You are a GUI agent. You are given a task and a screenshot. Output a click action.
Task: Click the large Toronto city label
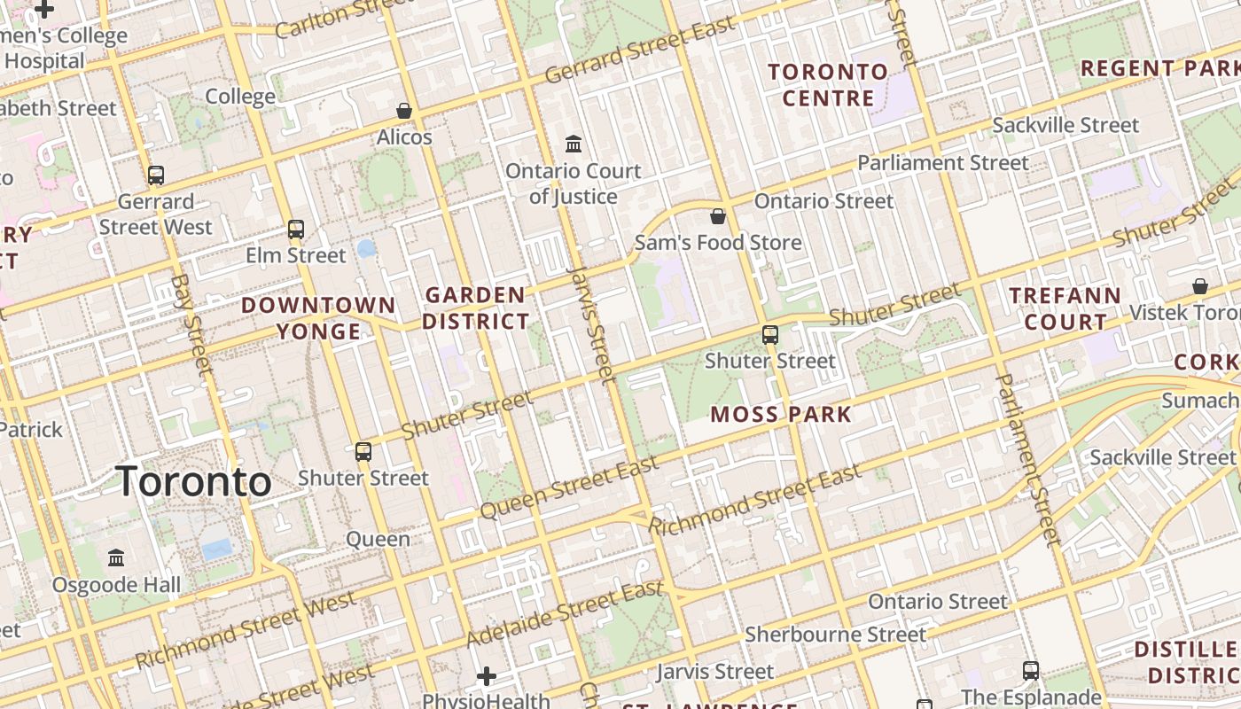193,481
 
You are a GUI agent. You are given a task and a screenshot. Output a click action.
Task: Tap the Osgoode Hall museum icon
116,558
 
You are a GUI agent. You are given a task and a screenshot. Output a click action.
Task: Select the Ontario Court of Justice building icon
574,144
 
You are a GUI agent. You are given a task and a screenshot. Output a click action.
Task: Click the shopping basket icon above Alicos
404,111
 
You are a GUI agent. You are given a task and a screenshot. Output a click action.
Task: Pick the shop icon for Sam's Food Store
718,216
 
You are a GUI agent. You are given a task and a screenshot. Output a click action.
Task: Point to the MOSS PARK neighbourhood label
781,414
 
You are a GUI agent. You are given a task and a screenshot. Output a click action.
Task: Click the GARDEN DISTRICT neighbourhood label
476,308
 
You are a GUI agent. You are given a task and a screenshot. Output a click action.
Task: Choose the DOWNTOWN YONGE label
319,318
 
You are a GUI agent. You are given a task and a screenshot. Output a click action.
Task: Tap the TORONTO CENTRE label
828,84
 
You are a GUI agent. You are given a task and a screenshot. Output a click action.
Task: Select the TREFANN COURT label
1065,308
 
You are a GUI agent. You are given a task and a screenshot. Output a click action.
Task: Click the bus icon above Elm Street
296,230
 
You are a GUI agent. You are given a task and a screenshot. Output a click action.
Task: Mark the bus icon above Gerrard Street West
156,175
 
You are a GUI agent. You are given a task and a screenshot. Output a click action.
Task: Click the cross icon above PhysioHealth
487,677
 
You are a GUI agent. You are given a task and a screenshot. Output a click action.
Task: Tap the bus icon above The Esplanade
1031,670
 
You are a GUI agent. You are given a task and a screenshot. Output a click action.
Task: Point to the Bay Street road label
193,323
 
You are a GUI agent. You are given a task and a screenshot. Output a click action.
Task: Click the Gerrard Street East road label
640,50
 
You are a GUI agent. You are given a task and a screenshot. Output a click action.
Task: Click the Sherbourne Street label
835,635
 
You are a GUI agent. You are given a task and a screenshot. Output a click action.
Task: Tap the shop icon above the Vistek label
1199,286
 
